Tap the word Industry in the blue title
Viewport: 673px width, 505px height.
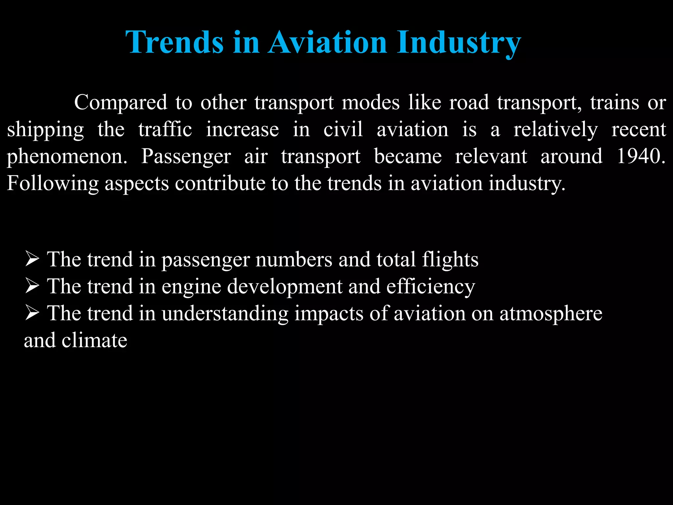459,43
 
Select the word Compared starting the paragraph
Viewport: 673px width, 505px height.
121,102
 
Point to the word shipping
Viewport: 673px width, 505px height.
46,130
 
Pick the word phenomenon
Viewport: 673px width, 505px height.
67,157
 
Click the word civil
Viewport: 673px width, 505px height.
343,129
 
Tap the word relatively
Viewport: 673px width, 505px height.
556,130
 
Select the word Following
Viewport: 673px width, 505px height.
53,183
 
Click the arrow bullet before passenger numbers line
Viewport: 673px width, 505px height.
32,259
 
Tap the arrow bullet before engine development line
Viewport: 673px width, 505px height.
32,286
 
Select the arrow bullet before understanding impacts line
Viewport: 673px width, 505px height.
32,313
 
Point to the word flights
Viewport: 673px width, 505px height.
450,260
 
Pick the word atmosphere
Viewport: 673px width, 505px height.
551,314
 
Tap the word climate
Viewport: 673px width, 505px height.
94,340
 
